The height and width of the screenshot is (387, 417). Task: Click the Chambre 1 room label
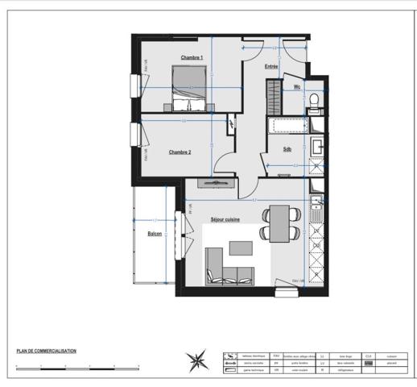tap(192, 57)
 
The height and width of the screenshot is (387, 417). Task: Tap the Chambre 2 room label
tap(180, 152)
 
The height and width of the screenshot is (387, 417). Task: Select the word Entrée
tap(271, 67)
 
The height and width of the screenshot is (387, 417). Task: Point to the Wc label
tap(297, 87)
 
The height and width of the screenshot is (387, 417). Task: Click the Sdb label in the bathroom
tap(287, 149)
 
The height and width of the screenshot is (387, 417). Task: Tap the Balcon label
tap(155, 234)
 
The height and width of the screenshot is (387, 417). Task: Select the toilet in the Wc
tap(315, 100)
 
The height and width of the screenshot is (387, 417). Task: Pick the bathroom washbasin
tap(317, 148)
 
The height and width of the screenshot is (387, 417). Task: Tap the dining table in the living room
tap(279, 223)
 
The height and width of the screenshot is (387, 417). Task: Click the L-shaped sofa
tap(226, 268)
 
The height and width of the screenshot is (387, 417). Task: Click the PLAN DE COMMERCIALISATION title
tap(47, 351)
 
